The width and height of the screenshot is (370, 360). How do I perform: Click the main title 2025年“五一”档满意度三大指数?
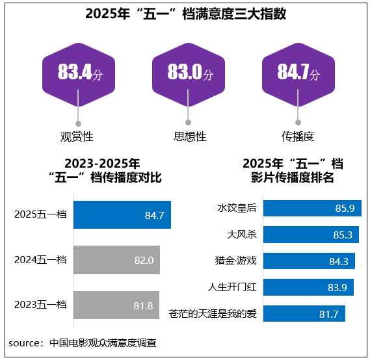[185, 14]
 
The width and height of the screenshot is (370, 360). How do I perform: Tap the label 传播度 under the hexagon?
[298, 136]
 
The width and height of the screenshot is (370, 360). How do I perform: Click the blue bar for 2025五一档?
[122, 214]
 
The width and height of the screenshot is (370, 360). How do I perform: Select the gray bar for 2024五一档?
[116, 259]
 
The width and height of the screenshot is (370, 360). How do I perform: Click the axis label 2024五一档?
[40, 259]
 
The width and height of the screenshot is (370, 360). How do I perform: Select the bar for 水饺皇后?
[311, 208]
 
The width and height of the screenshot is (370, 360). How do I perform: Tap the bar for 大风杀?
[310, 235]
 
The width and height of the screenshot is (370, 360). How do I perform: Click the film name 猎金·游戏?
[235, 261]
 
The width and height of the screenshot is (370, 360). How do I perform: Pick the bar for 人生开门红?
[308, 287]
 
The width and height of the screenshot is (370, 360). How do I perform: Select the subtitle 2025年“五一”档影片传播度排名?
[293, 170]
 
